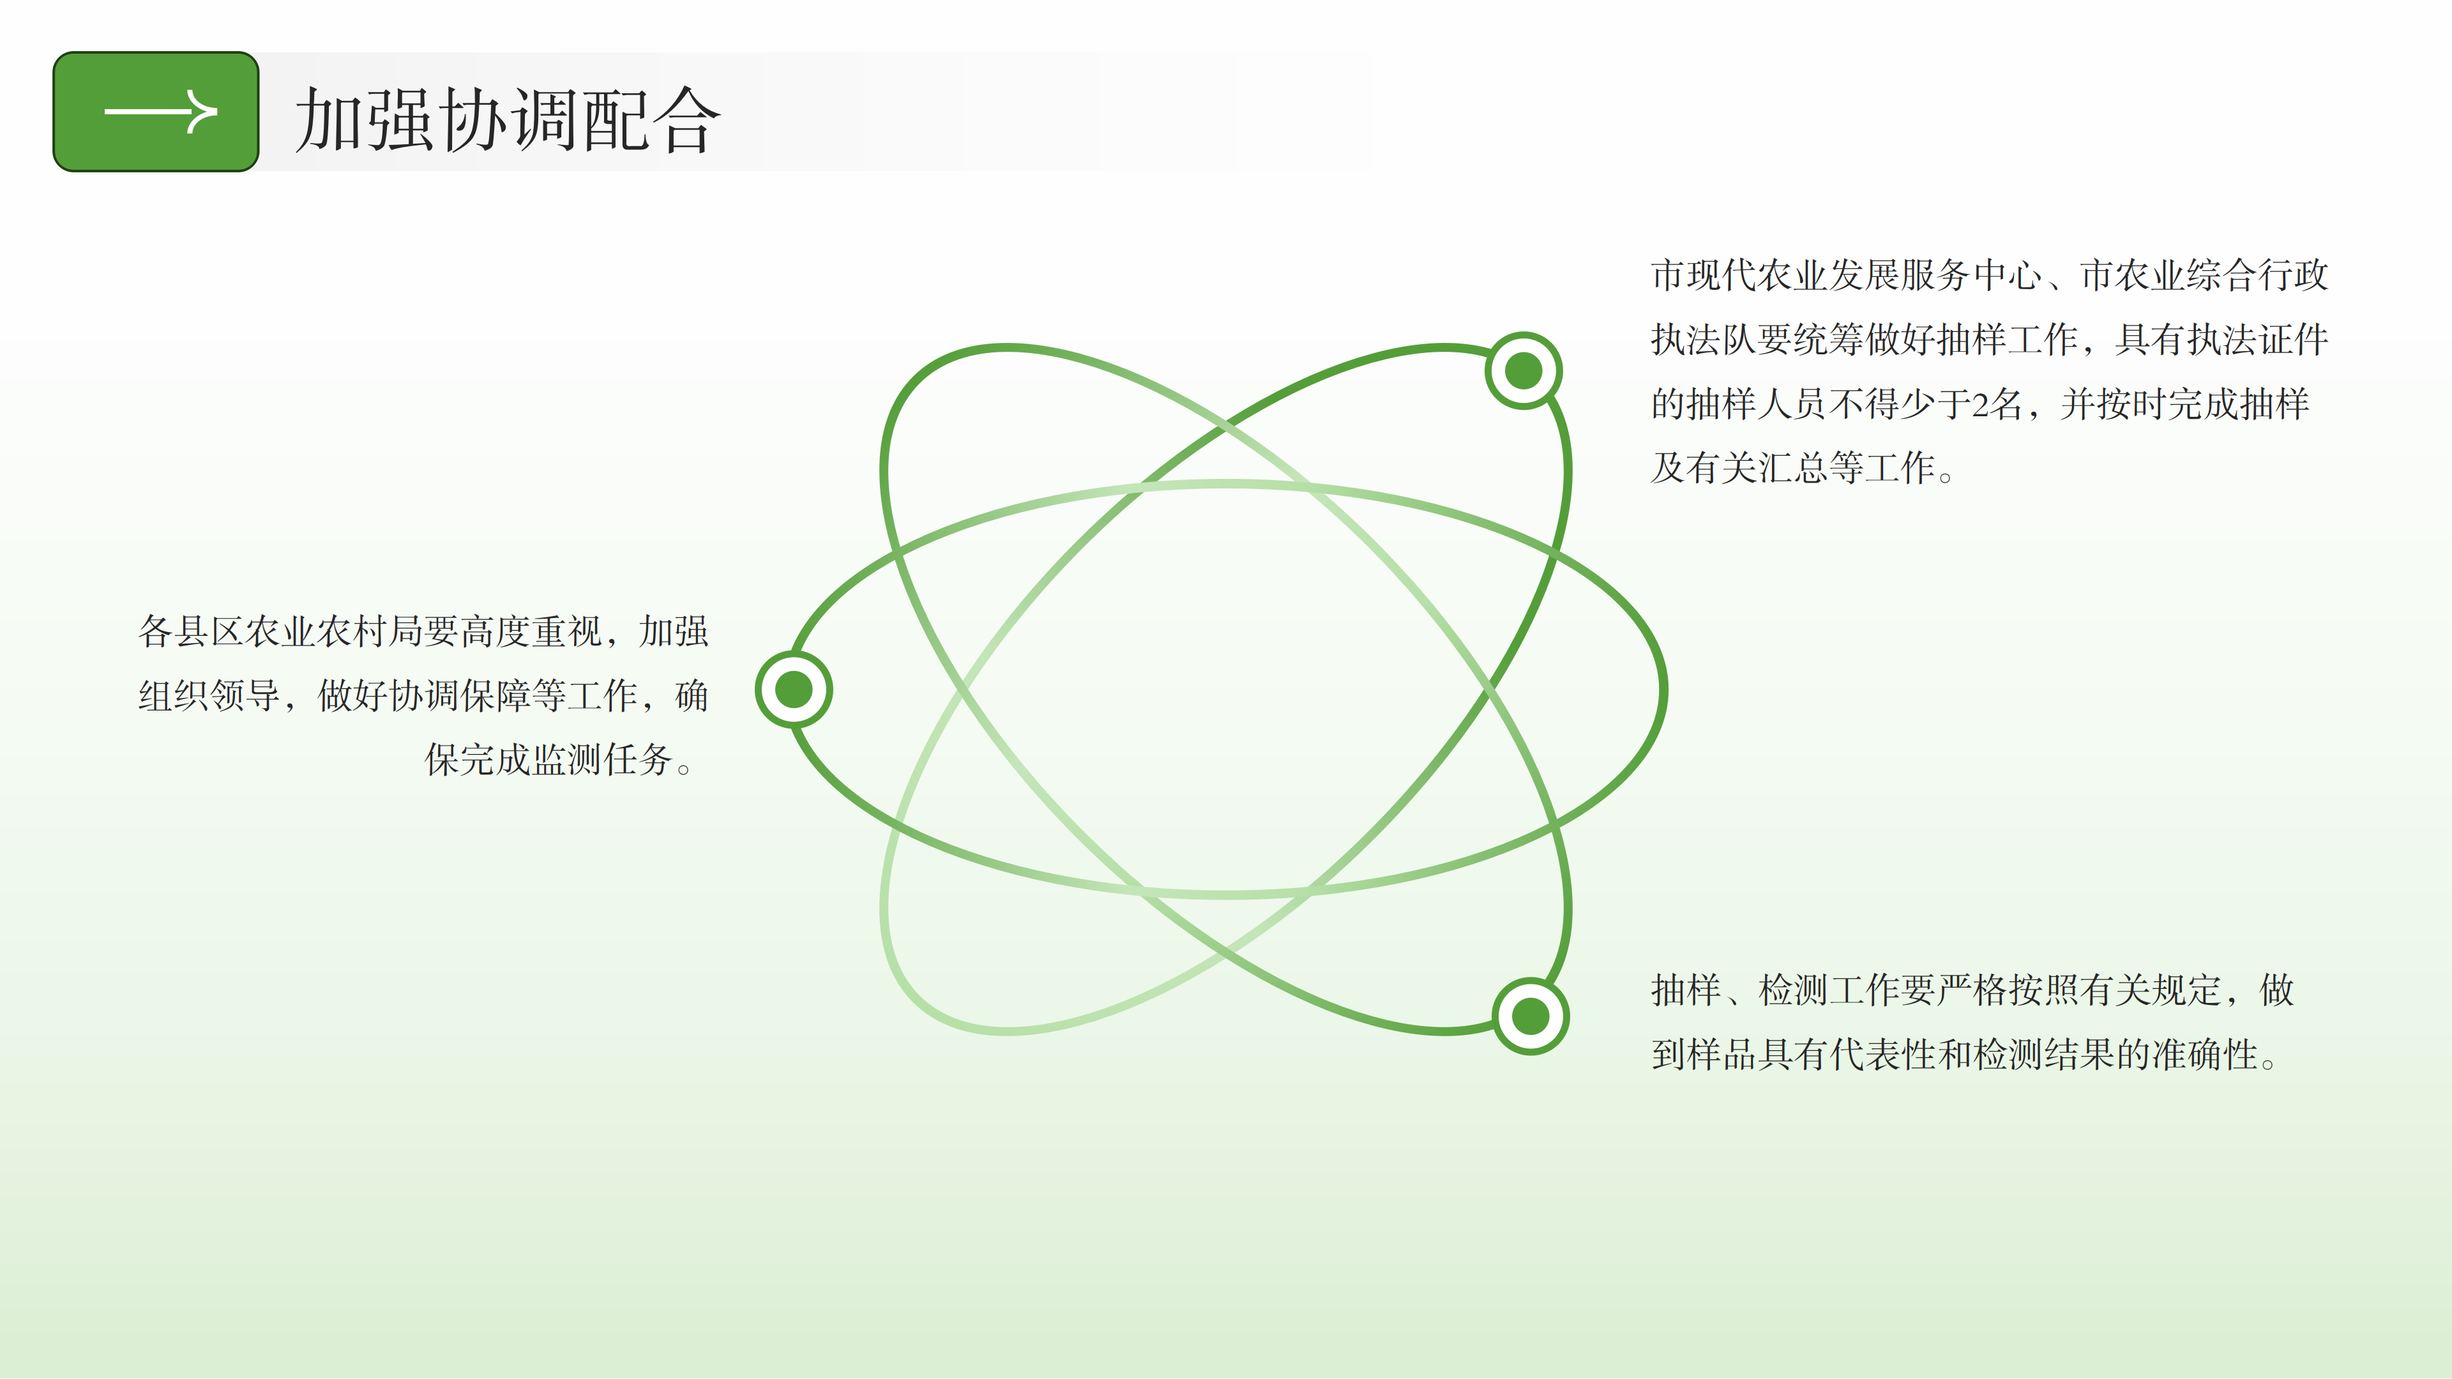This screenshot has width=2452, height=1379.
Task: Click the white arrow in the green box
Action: [160, 112]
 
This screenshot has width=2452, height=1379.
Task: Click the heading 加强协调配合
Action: [508, 120]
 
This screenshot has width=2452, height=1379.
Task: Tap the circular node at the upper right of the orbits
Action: [1523, 370]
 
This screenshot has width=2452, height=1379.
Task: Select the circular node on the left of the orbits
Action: [794, 689]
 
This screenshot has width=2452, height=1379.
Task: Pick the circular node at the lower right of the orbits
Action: [1531, 1016]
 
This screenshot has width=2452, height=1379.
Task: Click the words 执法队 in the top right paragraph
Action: [1704, 340]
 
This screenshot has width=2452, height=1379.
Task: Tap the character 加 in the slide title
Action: [329, 120]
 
